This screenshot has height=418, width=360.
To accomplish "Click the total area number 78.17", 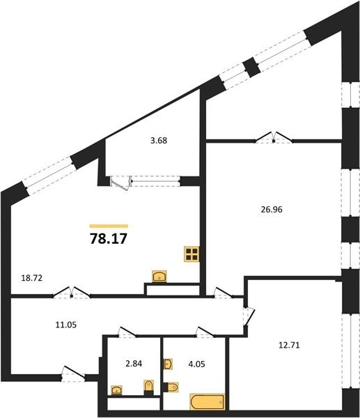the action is pos(109,238).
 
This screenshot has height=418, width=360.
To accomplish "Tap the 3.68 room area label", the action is pos(159,141).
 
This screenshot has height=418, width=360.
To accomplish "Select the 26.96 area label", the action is pos(272,210).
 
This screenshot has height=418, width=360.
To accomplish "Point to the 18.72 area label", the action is pos(32,278).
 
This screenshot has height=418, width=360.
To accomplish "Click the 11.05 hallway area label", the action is pos(66,325).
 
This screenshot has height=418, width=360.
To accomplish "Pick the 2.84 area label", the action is pos(134,364).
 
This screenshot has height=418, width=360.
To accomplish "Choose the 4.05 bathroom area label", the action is pos(196,364).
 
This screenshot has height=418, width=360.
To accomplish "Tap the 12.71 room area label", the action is pos(289,346).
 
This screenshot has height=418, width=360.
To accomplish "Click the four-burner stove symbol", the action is pos(191,254).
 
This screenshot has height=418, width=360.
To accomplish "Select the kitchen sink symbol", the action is pos(159,276).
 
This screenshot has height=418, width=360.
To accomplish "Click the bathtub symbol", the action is pos(208,402).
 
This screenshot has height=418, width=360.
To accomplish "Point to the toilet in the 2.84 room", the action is pos(149,387).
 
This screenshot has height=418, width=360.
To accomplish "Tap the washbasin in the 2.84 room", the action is pos(117,390).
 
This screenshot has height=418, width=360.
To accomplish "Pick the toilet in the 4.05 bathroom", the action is pos(171,387).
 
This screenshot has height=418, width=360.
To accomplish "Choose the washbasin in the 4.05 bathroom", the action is pos(168,364).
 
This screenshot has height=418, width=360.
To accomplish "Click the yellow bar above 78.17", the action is pos(109,226).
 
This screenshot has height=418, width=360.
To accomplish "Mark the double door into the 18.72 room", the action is pos(72,292).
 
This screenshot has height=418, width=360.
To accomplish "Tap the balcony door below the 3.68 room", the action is pos(121,183).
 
